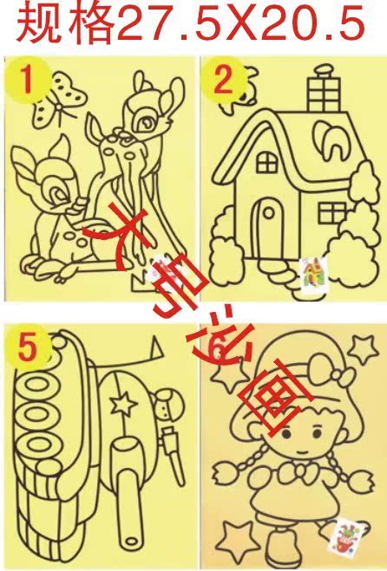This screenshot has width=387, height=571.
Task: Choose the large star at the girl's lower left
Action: (x=233, y=539)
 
